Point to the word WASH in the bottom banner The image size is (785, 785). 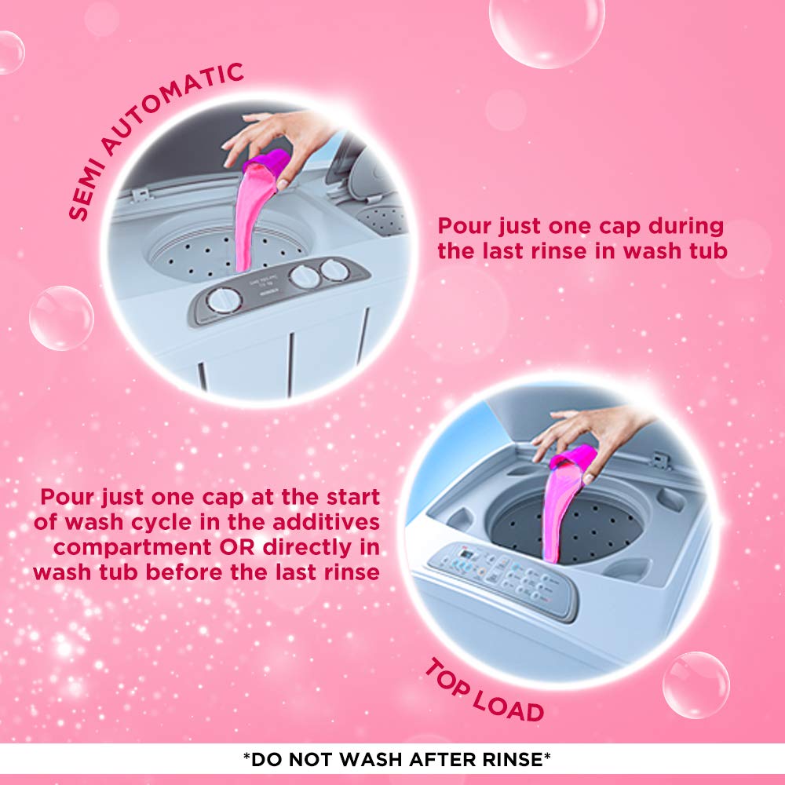tap(371, 759)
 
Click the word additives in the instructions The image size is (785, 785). tap(326, 522)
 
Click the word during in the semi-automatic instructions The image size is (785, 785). tap(686, 226)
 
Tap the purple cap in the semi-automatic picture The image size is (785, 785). tap(267, 162)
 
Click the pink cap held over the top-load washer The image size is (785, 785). tap(573, 459)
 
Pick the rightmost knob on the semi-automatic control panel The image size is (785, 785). tap(334, 270)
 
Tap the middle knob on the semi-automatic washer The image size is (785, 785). tap(305, 277)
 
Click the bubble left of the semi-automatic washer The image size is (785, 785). tap(61, 318)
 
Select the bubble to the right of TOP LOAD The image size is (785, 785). tap(696, 685)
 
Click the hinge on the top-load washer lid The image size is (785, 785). tap(662, 461)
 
